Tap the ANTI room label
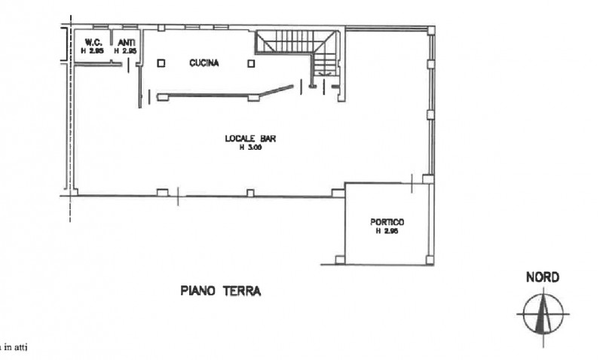(125, 41)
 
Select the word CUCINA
(204, 64)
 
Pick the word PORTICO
(387, 222)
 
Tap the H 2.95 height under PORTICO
(387, 231)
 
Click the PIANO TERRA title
(220, 291)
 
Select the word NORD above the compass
(542, 278)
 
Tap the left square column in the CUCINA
(161, 65)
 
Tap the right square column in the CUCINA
(251, 65)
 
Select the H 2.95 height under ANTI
(125, 50)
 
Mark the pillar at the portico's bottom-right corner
(429, 261)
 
